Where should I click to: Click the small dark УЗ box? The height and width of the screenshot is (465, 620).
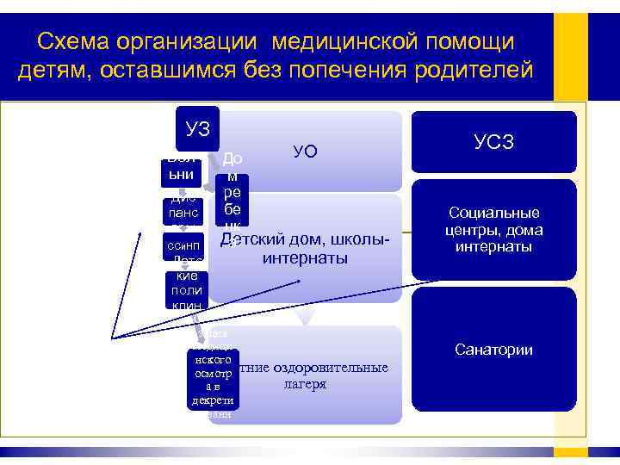197,128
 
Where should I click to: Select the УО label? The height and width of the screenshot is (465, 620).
306,152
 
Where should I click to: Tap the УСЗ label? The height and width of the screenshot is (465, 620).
494,142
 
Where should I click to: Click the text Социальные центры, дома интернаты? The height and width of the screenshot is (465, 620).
493,229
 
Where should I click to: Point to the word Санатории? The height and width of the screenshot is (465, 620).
493,350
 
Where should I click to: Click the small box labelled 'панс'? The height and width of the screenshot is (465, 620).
183,212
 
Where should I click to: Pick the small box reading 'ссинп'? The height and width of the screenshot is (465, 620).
183,247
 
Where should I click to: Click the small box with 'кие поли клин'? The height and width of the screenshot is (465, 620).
187,289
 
